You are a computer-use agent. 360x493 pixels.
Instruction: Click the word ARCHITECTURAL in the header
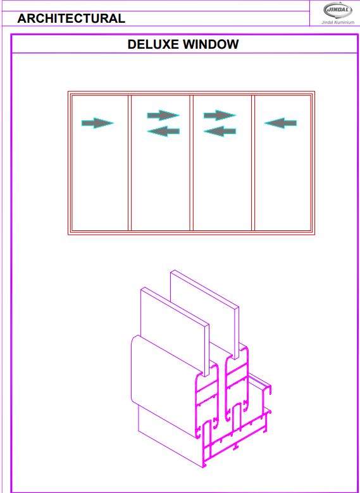click(71, 18)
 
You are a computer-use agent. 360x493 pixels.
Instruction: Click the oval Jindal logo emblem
click(338, 10)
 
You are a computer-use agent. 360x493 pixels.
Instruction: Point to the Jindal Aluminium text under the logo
click(338, 22)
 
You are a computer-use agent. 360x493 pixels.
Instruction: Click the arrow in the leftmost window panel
click(97, 123)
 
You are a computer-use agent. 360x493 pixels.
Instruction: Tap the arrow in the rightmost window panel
click(280, 123)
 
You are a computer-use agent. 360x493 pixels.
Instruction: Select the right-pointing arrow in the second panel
click(163, 115)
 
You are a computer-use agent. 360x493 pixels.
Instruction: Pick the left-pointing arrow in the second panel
click(163, 131)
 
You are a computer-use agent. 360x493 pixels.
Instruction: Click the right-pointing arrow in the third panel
click(220, 115)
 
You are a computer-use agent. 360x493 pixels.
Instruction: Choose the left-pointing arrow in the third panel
click(220, 131)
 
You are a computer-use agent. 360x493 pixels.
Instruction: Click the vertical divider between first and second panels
click(130, 163)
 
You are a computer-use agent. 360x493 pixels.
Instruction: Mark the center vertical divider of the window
click(191, 163)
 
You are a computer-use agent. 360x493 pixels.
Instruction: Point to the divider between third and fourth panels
click(253, 163)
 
